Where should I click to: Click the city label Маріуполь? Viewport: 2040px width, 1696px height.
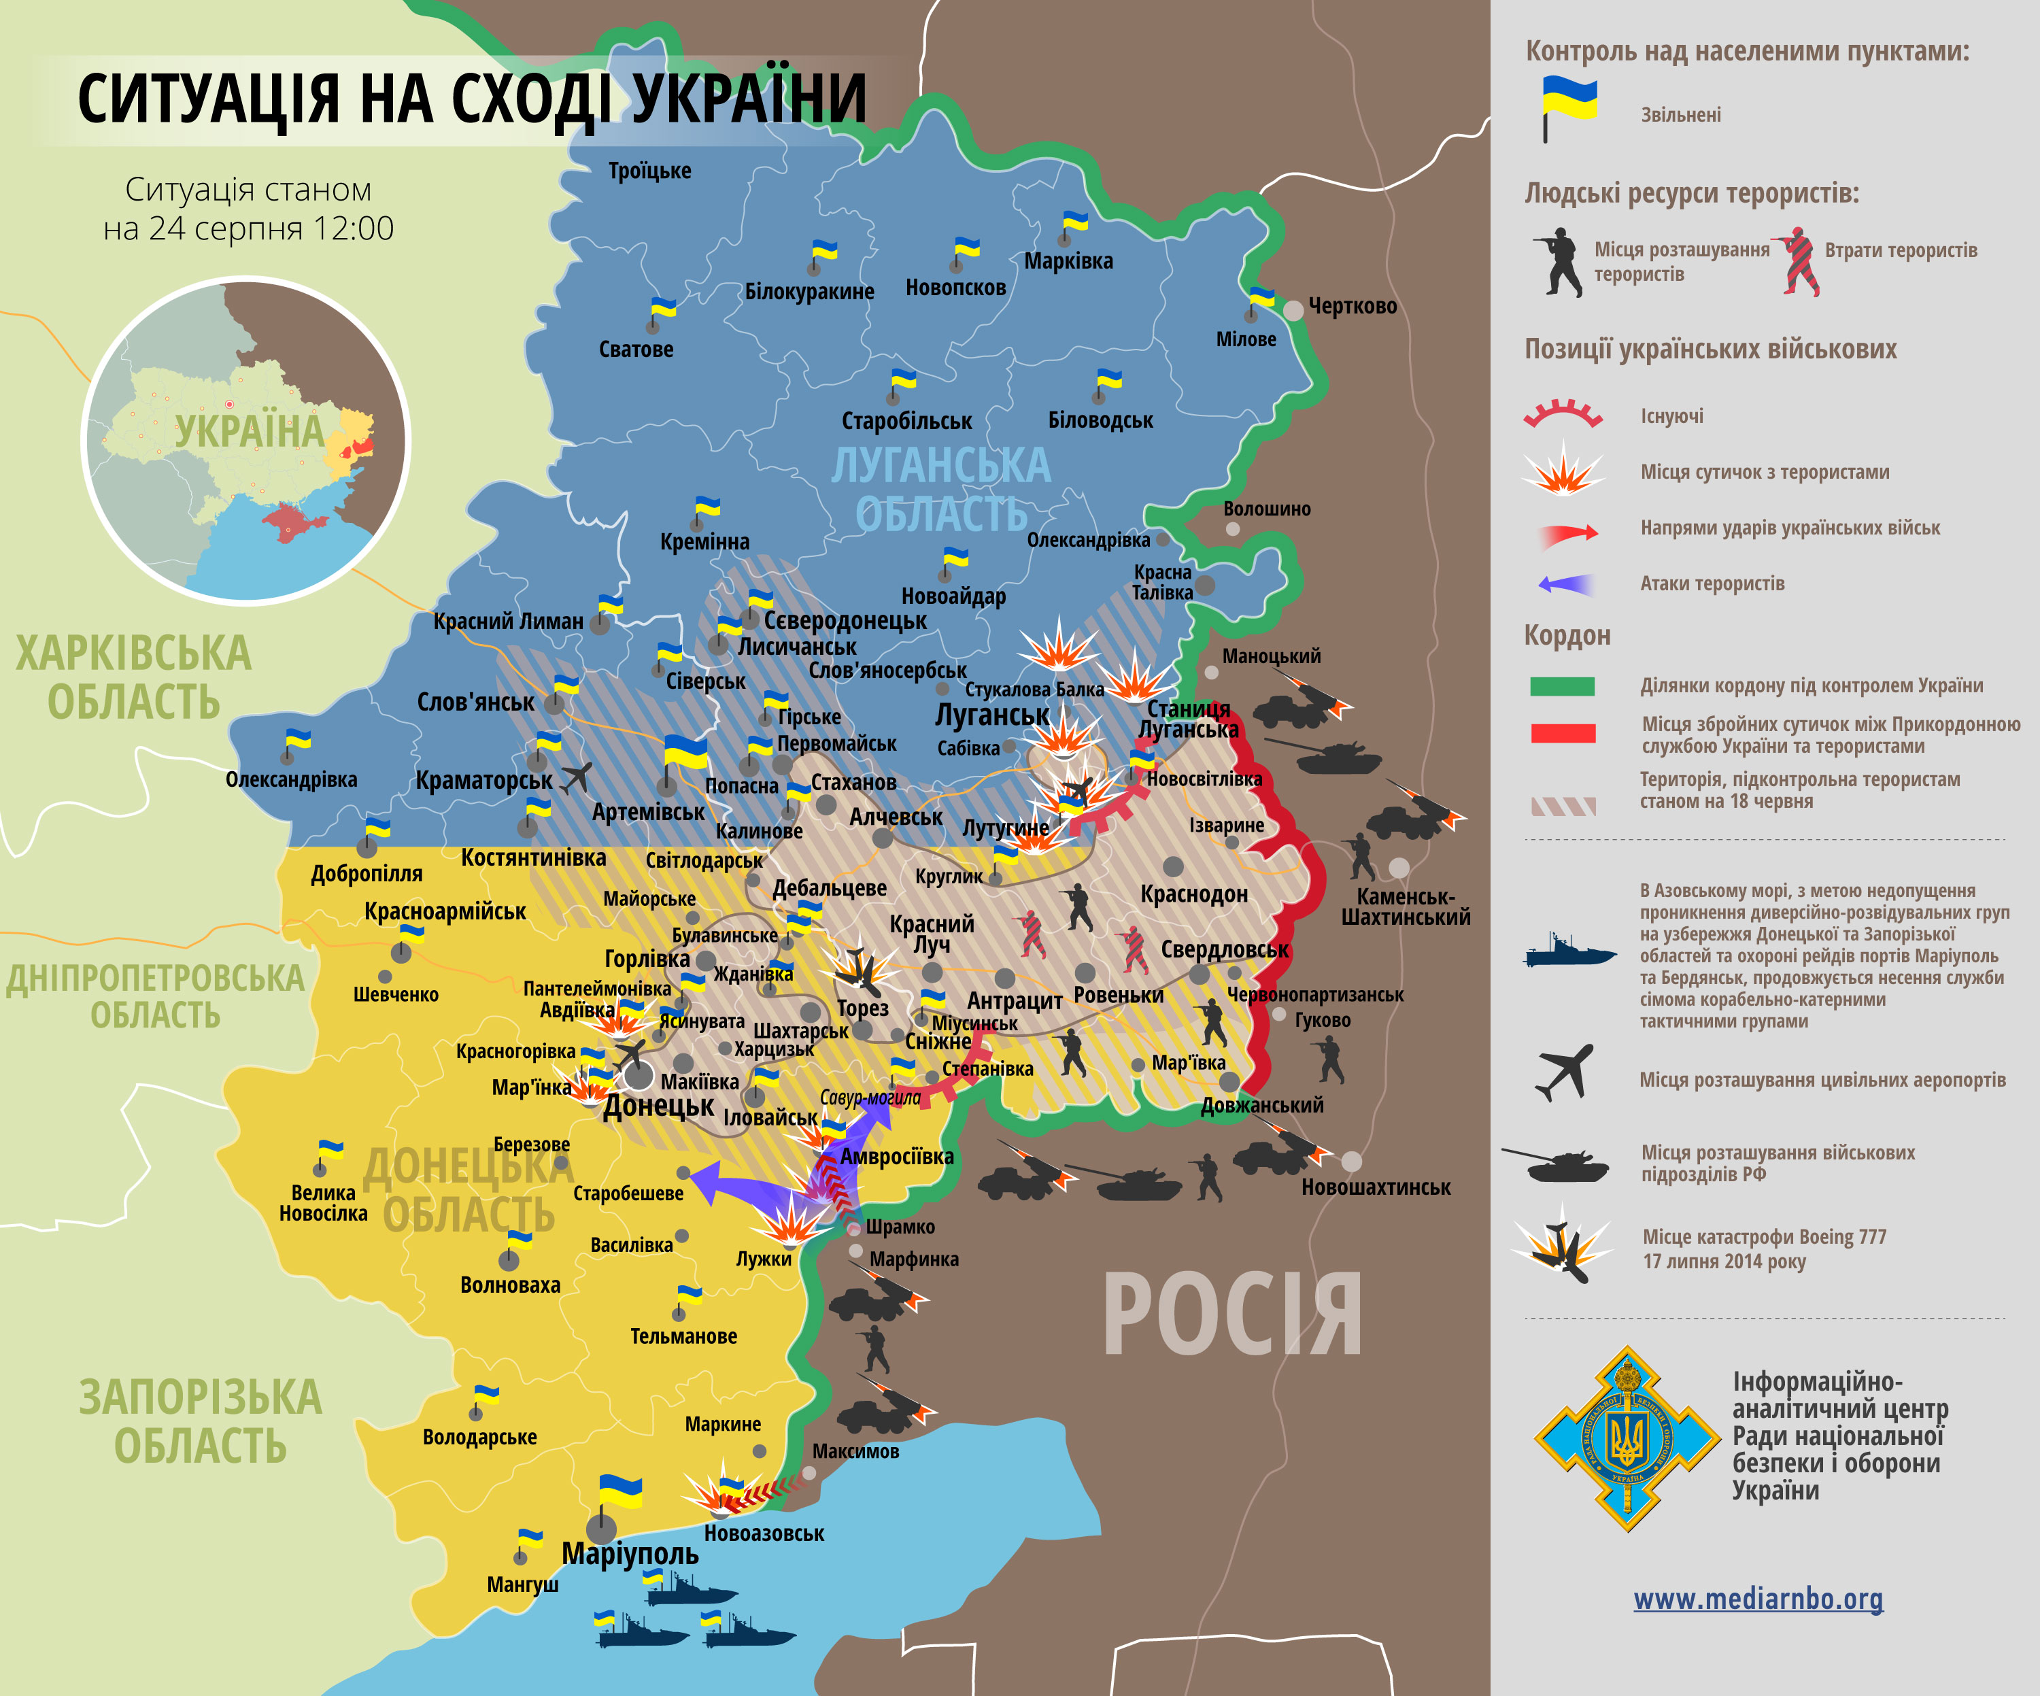tap(630, 1554)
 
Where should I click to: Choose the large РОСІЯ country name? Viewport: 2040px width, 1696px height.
tap(1231, 1316)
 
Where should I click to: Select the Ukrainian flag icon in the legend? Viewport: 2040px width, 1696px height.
tap(1568, 107)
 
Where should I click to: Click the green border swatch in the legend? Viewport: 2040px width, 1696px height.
tap(1562, 685)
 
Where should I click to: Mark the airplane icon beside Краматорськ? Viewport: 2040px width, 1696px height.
tap(577, 777)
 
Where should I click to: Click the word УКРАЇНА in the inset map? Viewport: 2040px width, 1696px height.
tap(249, 431)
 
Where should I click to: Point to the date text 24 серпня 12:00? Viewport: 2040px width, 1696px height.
tap(249, 229)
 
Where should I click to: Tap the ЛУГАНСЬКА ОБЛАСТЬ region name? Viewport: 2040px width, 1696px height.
tap(940, 488)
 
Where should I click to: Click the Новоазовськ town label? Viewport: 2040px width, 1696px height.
tap(764, 1533)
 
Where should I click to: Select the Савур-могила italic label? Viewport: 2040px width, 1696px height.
tap(870, 1098)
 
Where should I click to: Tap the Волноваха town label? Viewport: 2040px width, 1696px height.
tap(510, 1285)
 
